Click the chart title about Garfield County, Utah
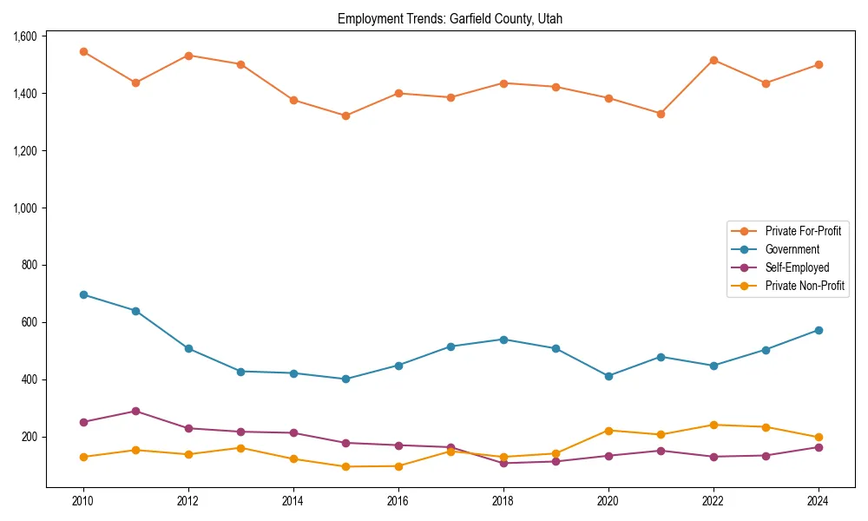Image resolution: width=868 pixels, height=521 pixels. (450, 19)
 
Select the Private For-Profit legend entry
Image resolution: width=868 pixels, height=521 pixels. (802, 231)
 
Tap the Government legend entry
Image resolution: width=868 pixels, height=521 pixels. (792, 249)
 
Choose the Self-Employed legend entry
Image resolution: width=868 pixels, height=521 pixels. (797, 267)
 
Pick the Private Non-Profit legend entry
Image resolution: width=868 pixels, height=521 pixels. (805, 286)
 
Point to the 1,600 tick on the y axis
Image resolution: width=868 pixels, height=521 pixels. (24, 36)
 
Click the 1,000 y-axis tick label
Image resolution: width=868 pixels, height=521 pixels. (24, 208)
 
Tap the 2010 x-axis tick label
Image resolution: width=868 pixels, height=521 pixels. (83, 502)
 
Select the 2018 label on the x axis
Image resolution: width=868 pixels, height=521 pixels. (503, 502)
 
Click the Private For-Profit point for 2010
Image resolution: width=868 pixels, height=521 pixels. (83, 51)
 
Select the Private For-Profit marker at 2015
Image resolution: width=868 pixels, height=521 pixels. (345, 115)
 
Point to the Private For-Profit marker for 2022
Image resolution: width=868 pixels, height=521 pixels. (713, 60)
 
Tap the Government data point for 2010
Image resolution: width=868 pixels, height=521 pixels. (83, 294)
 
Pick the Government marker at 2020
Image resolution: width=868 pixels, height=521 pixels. (608, 376)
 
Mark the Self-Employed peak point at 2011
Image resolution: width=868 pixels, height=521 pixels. (135, 411)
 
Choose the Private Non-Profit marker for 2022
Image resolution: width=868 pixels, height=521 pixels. (713, 425)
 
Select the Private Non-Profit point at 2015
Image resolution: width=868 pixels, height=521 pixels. (345, 466)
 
